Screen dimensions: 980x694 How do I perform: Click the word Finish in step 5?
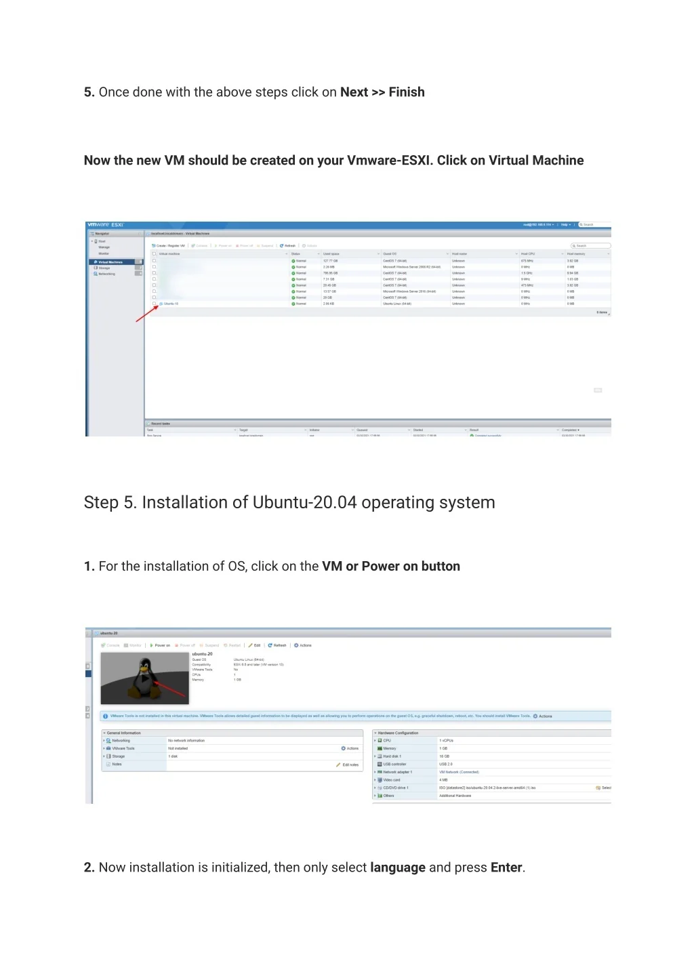(x=407, y=92)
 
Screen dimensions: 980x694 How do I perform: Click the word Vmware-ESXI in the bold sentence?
(x=389, y=161)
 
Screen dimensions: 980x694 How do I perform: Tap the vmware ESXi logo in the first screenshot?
(x=106, y=225)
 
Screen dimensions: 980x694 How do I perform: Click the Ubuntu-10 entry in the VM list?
(x=171, y=304)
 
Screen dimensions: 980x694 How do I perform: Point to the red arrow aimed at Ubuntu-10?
(x=147, y=313)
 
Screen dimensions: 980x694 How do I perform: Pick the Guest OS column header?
(x=390, y=254)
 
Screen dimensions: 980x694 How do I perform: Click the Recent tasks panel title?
(x=161, y=424)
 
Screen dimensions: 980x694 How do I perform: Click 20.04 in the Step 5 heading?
(x=335, y=503)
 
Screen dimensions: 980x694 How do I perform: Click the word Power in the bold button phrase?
(x=381, y=567)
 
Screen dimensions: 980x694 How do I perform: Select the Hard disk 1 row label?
(x=392, y=756)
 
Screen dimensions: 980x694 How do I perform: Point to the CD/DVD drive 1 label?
(x=395, y=788)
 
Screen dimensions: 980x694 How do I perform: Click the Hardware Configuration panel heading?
(x=398, y=733)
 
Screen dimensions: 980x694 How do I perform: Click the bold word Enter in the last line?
(x=506, y=867)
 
